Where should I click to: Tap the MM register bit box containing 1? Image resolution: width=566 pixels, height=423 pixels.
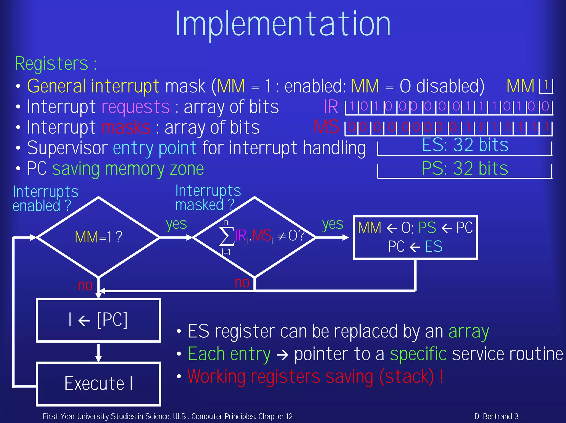coord(546,86)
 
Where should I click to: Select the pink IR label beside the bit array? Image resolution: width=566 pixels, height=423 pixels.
coord(331,107)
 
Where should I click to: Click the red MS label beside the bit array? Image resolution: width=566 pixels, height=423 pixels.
coord(327,127)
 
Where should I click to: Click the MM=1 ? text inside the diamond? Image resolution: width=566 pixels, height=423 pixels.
coord(98,237)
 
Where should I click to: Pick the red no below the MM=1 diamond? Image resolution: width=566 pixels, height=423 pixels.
coord(85,285)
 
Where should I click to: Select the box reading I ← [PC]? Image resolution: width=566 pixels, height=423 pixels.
coord(98,320)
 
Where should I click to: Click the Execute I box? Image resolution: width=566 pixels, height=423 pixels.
coord(98,384)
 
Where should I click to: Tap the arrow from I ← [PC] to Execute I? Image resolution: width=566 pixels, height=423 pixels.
coord(98,353)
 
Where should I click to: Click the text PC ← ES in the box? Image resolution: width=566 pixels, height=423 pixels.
coord(415,246)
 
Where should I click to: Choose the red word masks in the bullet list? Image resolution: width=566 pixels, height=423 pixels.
coord(126,128)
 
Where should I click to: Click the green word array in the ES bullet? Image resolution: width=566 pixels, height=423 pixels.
coord(468,332)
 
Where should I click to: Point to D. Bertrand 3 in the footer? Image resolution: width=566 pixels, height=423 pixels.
coord(496,416)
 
